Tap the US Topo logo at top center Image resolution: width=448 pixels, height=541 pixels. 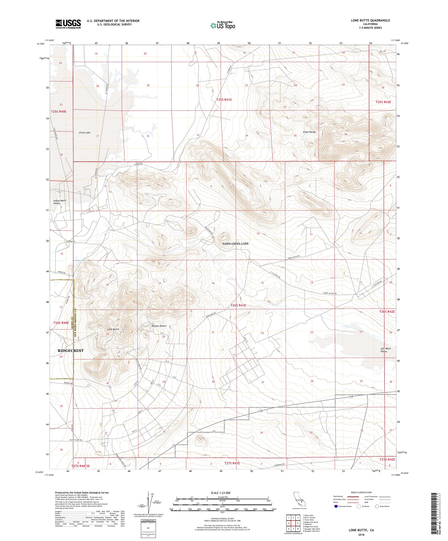[223, 25]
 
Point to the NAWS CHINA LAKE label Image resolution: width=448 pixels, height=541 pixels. [235, 243]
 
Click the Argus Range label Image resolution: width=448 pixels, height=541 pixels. [309, 132]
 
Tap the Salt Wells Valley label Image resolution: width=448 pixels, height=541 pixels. [386, 350]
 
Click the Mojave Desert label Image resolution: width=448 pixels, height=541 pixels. [159, 326]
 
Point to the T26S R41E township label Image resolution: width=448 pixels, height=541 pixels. [238, 305]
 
